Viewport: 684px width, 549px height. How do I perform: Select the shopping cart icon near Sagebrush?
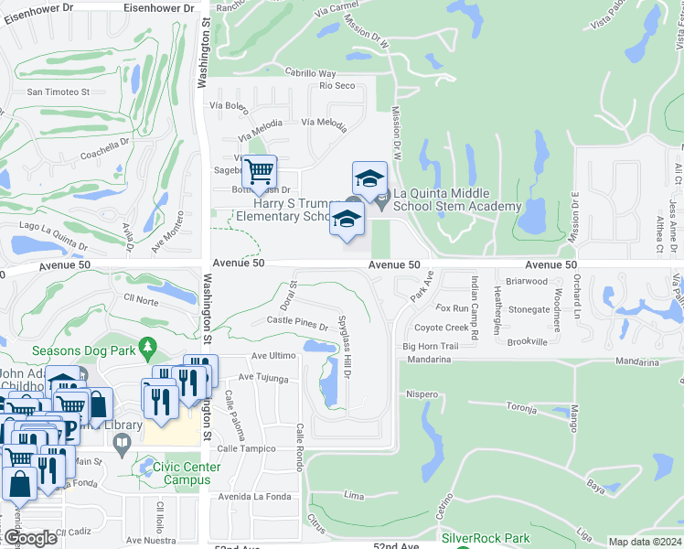click(x=260, y=171)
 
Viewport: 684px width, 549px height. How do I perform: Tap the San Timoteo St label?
click(x=58, y=91)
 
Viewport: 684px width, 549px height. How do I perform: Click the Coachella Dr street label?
click(x=105, y=149)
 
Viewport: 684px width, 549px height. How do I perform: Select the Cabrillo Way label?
click(x=310, y=73)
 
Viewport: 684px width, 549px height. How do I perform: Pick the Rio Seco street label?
click(x=337, y=86)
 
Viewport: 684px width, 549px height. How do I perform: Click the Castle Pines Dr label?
click(x=296, y=322)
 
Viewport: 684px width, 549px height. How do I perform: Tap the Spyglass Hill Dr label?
click(x=346, y=350)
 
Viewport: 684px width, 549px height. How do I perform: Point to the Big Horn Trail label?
click(x=430, y=347)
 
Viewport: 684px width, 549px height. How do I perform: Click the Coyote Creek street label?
click(x=441, y=328)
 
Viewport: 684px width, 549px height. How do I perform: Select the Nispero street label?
click(x=422, y=394)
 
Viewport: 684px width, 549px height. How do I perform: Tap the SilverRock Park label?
click(x=485, y=539)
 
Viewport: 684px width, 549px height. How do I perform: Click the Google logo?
click(x=30, y=538)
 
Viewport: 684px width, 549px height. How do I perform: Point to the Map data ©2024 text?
click(x=646, y=542)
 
